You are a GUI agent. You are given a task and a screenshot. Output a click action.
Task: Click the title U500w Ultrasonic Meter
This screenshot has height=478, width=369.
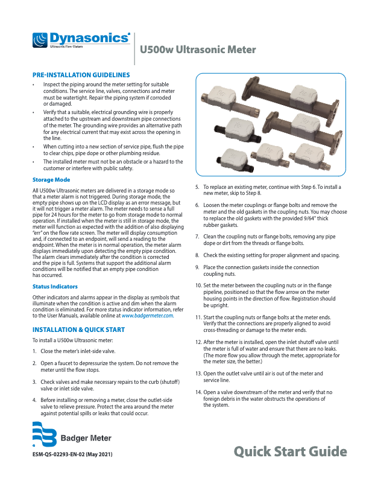198,50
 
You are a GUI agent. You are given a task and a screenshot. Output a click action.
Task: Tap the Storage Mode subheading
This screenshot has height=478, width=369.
51,180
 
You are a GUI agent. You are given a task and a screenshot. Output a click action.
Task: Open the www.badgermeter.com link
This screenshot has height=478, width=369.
148,316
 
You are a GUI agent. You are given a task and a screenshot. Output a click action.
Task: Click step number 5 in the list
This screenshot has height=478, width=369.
198,188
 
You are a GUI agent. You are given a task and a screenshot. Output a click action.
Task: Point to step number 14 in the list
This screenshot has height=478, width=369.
198,392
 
